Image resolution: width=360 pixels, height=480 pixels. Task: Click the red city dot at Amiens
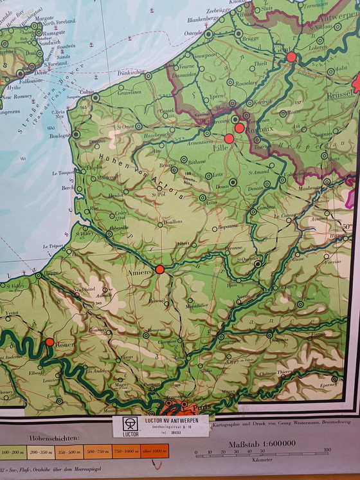159,270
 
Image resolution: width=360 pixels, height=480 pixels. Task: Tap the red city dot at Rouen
50,342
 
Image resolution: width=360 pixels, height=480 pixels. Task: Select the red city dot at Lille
229,138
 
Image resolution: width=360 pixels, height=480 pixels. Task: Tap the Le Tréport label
55,246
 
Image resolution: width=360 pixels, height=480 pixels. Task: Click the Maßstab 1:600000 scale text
262,443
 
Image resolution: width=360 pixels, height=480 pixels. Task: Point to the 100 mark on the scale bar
327,450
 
